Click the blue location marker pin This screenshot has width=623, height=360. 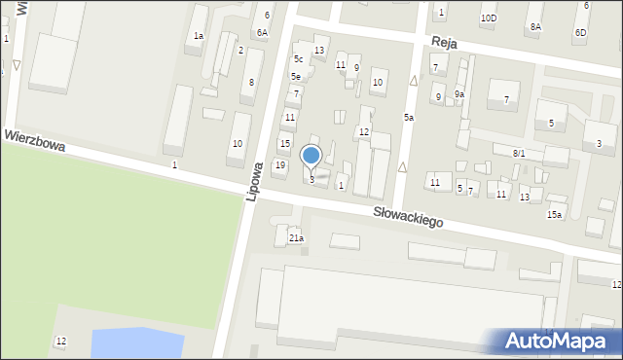(x=311, y=157)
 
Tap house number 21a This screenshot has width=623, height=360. (x=296, y=238)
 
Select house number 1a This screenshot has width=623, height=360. (x=199, y=36)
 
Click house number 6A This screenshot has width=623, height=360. (x=262, y=32)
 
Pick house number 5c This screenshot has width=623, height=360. (x=299, y=59)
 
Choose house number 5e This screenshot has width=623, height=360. (x=296, y=76)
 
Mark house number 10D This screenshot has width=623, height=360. (x=488, y=18)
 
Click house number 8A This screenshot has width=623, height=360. (x=535, y=27)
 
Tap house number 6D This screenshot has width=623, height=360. (x=580, y=32)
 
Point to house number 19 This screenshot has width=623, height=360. (x=280, y=165)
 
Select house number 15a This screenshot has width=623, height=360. (x=554, y=214)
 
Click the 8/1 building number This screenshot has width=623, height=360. (x=519, y=154)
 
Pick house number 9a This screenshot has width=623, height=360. (x=459, y=94)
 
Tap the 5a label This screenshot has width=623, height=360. (x=410, y=118)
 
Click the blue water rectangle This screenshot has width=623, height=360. (x=136, y=343)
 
